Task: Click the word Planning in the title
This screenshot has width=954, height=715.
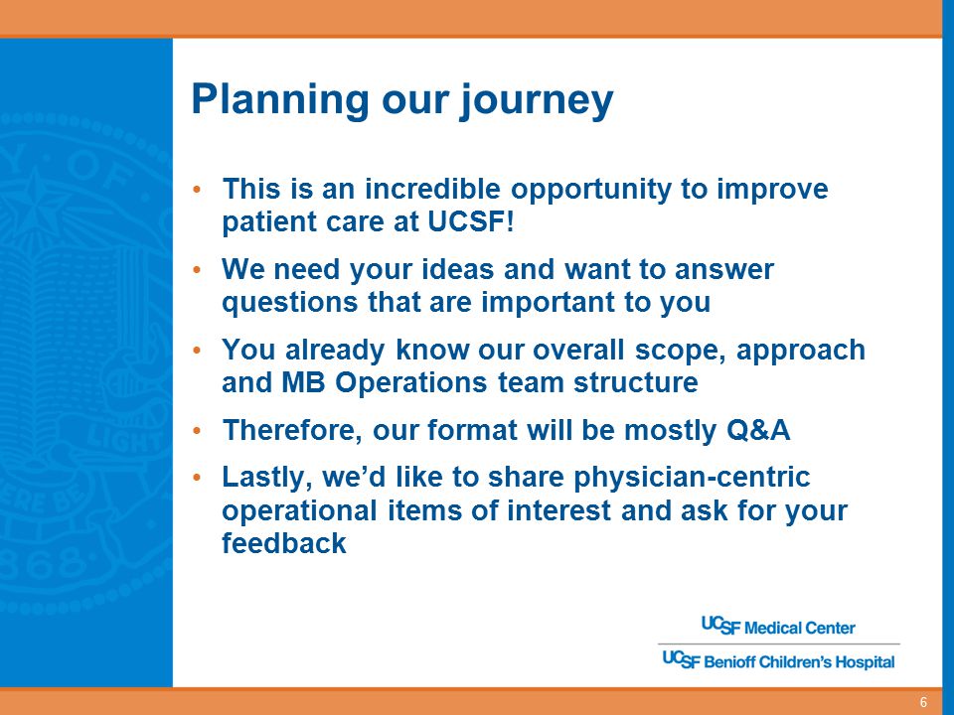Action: point(280,99)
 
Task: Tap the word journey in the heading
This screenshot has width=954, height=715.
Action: point(536,101)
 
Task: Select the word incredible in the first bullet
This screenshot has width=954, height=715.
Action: point(432,189)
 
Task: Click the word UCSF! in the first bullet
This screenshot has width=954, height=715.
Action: point(471,221)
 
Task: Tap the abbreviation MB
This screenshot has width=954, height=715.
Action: point(303,382)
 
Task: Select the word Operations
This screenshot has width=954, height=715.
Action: point(410,383)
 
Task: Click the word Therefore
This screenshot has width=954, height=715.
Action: point(294,430)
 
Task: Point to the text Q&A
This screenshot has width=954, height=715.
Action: point(758,430)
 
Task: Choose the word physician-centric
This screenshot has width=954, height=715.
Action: point(692,478)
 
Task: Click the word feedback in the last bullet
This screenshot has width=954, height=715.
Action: point(284,543)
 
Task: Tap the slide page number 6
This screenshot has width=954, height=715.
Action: point(923,702)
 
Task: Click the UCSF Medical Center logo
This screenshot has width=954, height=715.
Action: point(778,627)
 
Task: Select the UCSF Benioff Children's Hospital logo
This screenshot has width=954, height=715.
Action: point(778,660)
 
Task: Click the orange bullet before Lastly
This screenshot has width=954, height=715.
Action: point(196,478)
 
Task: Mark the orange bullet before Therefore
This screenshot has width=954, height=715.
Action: point(196,430)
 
